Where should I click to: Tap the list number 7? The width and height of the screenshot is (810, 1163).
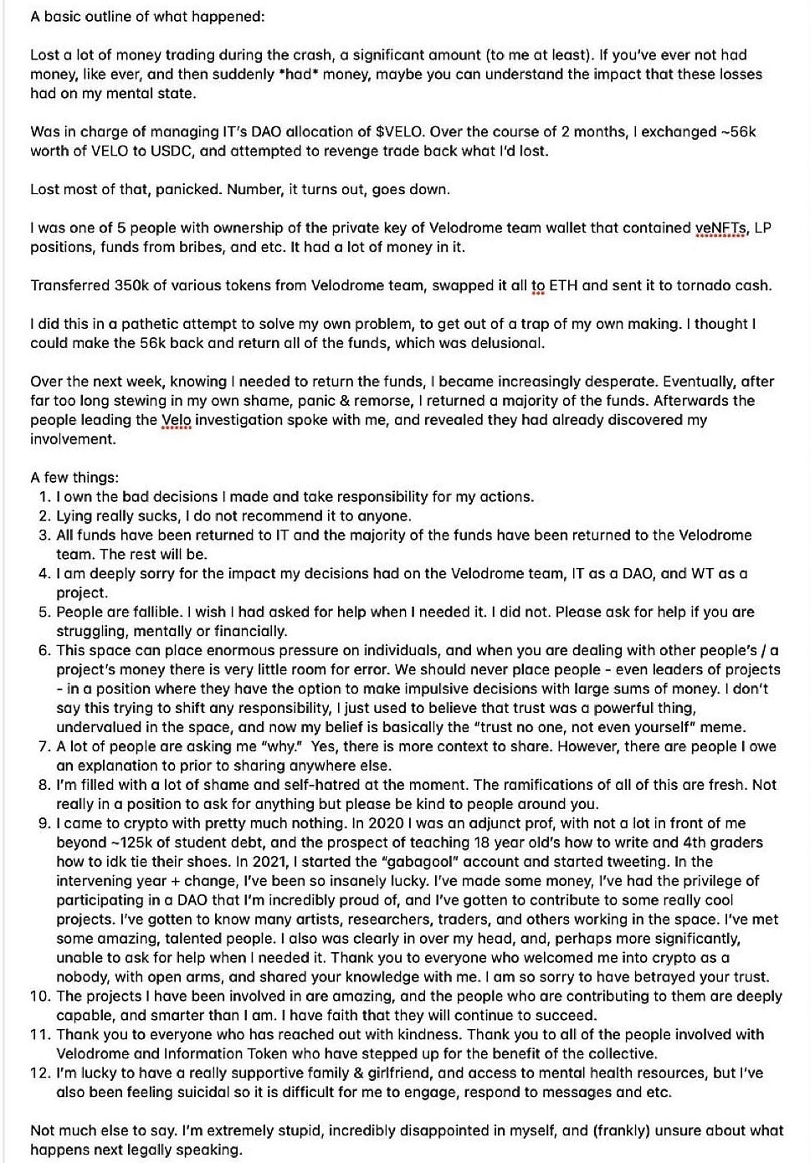tap(44, 746)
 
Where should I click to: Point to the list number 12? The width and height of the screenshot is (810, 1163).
tap(40, 1073)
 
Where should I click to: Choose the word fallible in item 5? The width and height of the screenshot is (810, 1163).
tap(151, 612)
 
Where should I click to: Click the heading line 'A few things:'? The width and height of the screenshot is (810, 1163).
tap(74, 478)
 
